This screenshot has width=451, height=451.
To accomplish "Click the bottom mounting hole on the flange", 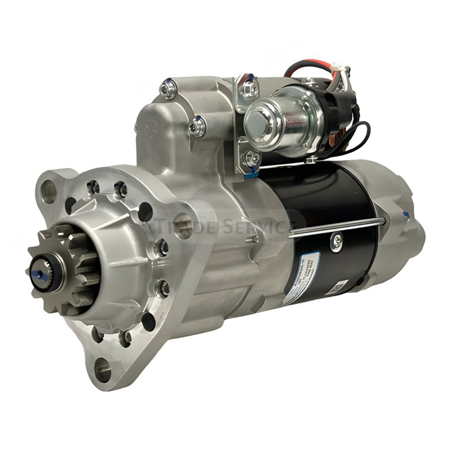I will click(104, 370).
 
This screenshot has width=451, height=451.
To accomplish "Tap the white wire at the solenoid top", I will click(339, 73).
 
